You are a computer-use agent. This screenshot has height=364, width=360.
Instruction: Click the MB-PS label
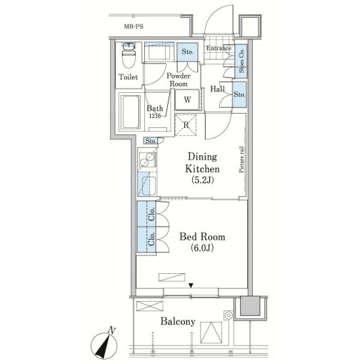[x=134, y=26]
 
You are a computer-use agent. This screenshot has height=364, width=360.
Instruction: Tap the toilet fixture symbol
[x=129, y=55]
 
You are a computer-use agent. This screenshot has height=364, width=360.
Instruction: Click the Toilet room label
[x=129, y=77]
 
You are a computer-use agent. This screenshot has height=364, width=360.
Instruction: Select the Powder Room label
[x=179, y=80]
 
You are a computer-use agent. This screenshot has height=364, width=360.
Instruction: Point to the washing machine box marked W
[x=187, y=99]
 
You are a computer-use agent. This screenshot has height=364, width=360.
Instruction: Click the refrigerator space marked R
[x=186, y=125]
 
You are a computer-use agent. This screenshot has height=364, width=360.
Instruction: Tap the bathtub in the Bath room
[x=130, y=112]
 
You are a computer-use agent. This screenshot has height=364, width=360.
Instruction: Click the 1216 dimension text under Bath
[x=155, y=116]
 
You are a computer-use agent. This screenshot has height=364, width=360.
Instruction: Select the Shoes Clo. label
[x=241, y=61]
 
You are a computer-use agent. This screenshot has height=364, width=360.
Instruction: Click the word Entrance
[x=219, y=49]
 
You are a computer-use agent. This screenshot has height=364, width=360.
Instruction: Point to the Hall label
[x=217, y=89]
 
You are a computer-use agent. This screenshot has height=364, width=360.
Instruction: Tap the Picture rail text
[x=241, y=159]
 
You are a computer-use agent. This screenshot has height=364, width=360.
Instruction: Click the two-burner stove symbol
[x=148, y=159]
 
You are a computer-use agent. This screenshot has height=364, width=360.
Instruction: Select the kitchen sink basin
[x=148, y=186]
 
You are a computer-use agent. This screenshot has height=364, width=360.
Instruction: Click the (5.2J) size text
[x=202, y=180]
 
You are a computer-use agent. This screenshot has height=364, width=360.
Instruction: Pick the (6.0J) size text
[x=202, y=248]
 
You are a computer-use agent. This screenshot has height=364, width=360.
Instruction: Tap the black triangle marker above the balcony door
[x=191, y=285]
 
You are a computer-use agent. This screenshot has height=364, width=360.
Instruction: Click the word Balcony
[x=178, y=322]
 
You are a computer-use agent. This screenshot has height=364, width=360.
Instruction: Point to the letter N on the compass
[x=111, y=330]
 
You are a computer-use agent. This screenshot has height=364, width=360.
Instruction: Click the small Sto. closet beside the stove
[x=151, y=141]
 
